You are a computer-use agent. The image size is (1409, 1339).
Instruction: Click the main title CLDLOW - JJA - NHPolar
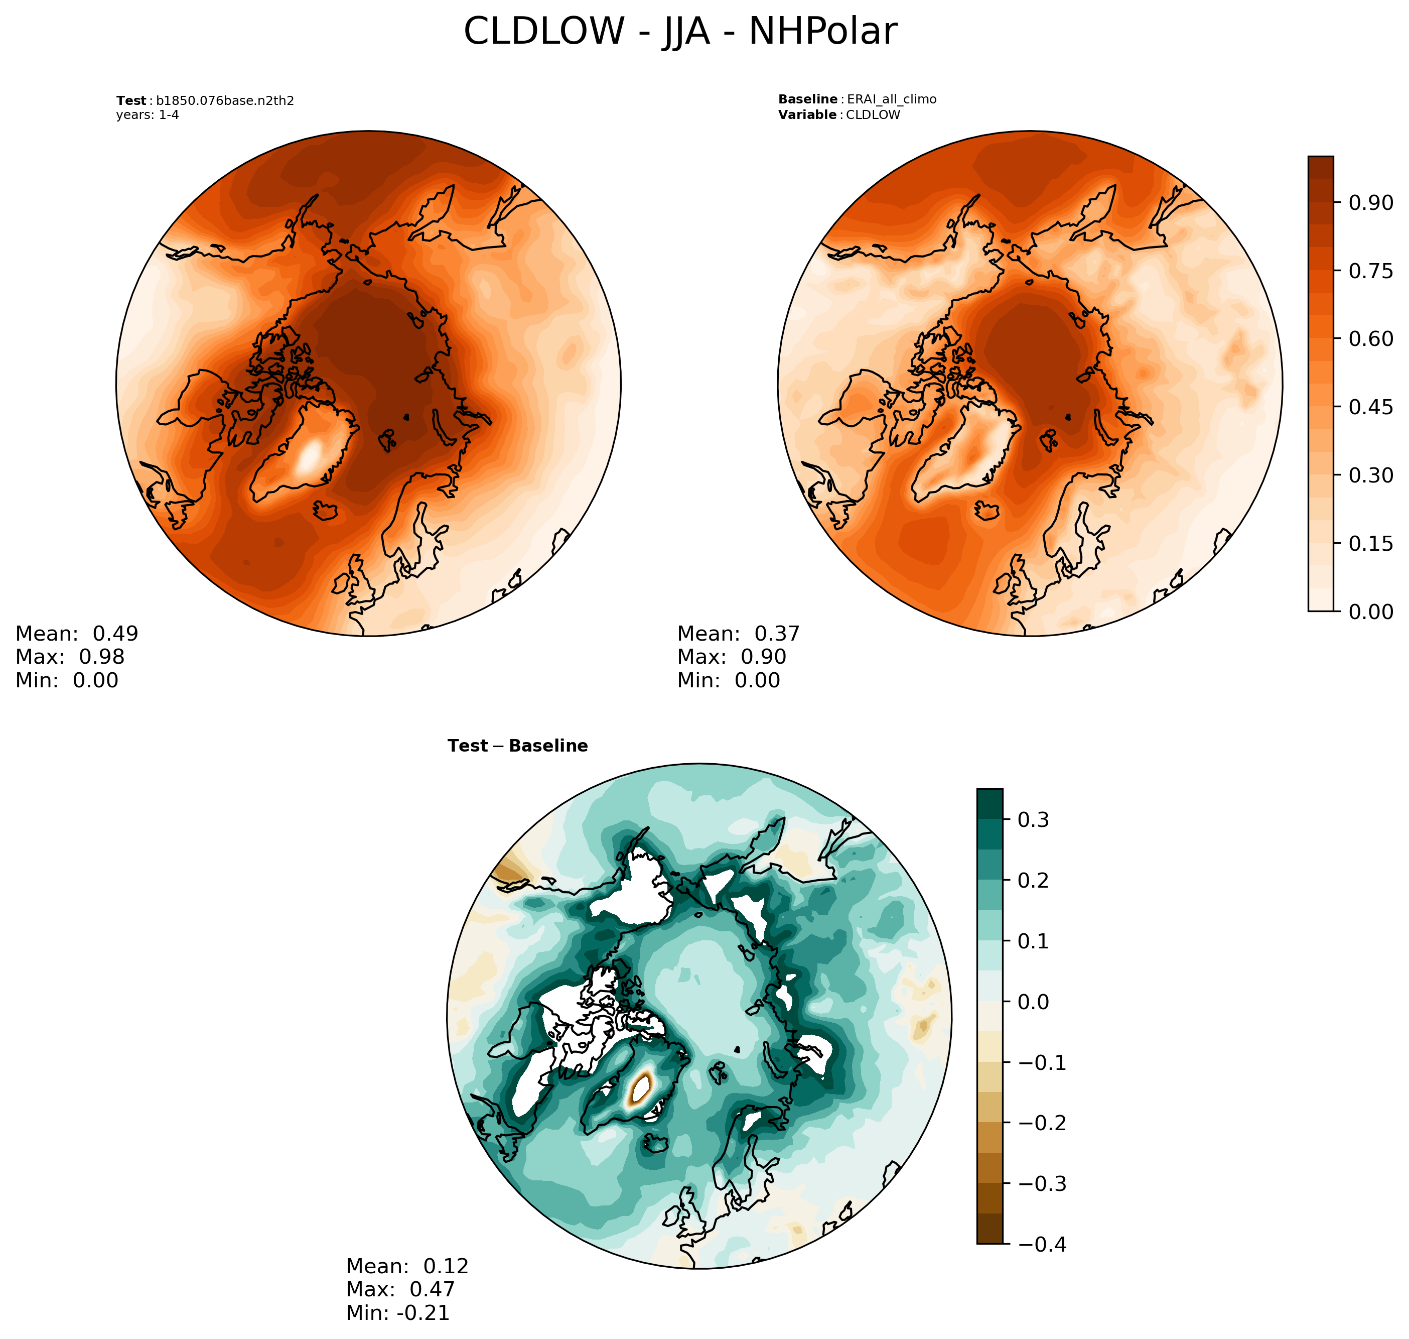click(680, 32)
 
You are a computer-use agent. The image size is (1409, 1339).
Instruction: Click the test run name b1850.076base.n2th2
click(225, 100)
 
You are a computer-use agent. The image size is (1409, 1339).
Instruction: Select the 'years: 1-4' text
click(148, 115)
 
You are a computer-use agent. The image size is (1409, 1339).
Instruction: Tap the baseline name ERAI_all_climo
click(891, 99)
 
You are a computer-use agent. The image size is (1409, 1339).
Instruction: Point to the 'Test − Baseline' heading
click(517, 746)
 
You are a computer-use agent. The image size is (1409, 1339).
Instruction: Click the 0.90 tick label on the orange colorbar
click(1370, 203)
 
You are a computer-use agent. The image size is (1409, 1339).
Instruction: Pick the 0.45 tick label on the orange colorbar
click(1370, 407)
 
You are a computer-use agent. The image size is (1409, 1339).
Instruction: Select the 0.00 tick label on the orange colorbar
click(1370, 612)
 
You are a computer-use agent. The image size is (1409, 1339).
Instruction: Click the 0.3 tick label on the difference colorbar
click(1033, 820)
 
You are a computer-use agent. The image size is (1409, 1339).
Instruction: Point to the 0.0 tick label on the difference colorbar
click(1033, 1002)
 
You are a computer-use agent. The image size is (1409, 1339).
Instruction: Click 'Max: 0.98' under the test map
click(70, 657)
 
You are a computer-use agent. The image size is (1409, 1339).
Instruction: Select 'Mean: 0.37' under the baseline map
click(739, 634)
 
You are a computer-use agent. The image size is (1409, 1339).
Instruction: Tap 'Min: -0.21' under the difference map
click(397, 1312)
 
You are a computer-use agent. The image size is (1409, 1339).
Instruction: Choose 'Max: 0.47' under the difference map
click(400, 1289)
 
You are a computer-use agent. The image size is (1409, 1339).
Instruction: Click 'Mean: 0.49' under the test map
click(76, 634)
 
